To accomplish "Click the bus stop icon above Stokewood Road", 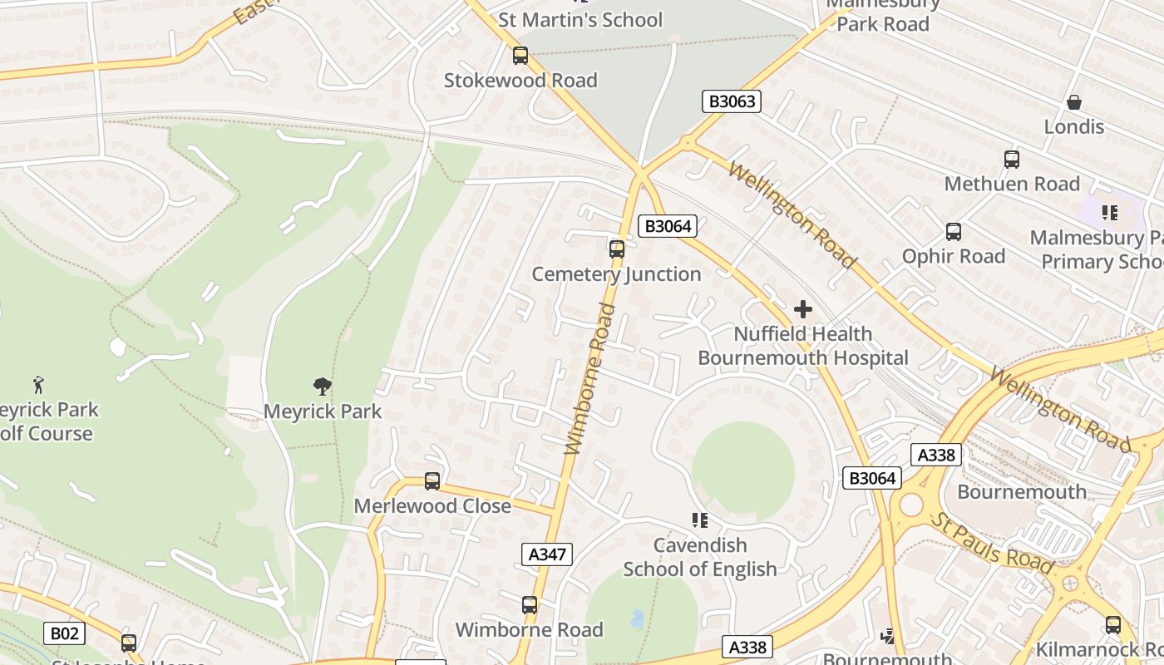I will point(520,56).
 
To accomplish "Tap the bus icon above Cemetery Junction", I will point(616,249).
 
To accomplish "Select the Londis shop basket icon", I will point(1074,102).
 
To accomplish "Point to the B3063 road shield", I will point(732,102).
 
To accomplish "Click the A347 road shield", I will point(547,554).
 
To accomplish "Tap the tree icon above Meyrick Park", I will point(323,386).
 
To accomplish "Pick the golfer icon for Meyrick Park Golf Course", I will point(38,385).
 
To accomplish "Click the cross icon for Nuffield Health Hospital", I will point(802,309).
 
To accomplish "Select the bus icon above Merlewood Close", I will point(432,480).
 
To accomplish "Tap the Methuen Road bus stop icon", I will point(1011,159).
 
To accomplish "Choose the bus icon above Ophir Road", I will point(953,231).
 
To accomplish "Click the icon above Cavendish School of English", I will point(700,520).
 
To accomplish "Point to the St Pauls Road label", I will point(992,542).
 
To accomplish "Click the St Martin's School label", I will point(580,19).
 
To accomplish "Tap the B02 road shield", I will point(64,634).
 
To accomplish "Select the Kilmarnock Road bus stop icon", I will point(1112,625).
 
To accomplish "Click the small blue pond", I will point(637,618).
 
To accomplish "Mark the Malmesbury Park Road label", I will point(883,15).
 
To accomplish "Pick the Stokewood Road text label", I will point(520,81).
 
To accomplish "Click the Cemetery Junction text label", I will point(616,274).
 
